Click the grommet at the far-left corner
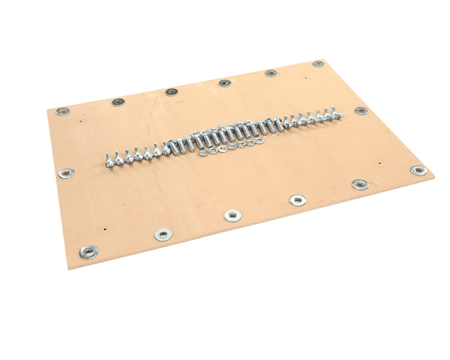[x=62, y=111]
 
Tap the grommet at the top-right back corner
[x=318, y=64]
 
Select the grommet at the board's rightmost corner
[x=418, y=171]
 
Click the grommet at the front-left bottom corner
[x=90, y=250]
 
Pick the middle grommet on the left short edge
[x=67, y=173]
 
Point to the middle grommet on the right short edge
[x=361, y=110]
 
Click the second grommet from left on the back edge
[x=118, y=101]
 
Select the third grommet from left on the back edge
[x=171, y=91]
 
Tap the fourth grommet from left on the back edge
[x=223, y=82]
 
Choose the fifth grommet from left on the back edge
[x=270, y=73]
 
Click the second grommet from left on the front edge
[x=163, y=234]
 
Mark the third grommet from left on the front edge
[x=232, y=216]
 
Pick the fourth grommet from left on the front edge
[x=298, y=199]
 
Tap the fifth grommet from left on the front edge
[x=360, y=184]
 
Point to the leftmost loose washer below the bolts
[x=205, y=152]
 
